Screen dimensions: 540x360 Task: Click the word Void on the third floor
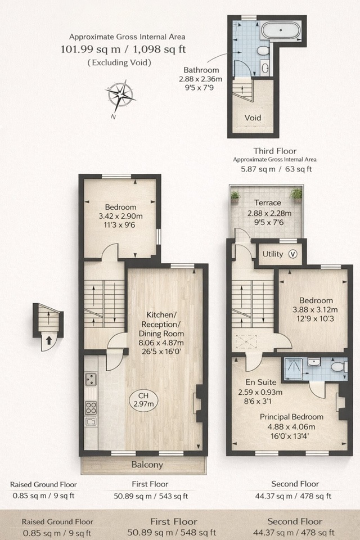click(x=253, y=118)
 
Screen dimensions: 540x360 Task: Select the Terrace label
click(x=267, y=202)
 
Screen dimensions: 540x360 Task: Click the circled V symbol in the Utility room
click(x=292, y=254)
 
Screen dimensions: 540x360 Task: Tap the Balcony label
click(x=147, y=465)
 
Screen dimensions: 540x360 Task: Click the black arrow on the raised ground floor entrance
click(x=49, y=340)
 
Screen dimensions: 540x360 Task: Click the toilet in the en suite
click(x=337, y=367)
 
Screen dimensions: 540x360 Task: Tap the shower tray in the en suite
click(x=292, y=366)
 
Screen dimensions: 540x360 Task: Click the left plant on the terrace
click(x=235, y=195)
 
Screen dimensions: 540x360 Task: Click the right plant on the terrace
click(x=296, y=194)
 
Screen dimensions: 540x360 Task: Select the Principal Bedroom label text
click(x=291, y=417)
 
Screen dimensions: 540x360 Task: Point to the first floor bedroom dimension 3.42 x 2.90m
click(x=120, y=216)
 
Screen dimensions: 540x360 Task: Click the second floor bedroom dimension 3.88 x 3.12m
click(x=315, y=309)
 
